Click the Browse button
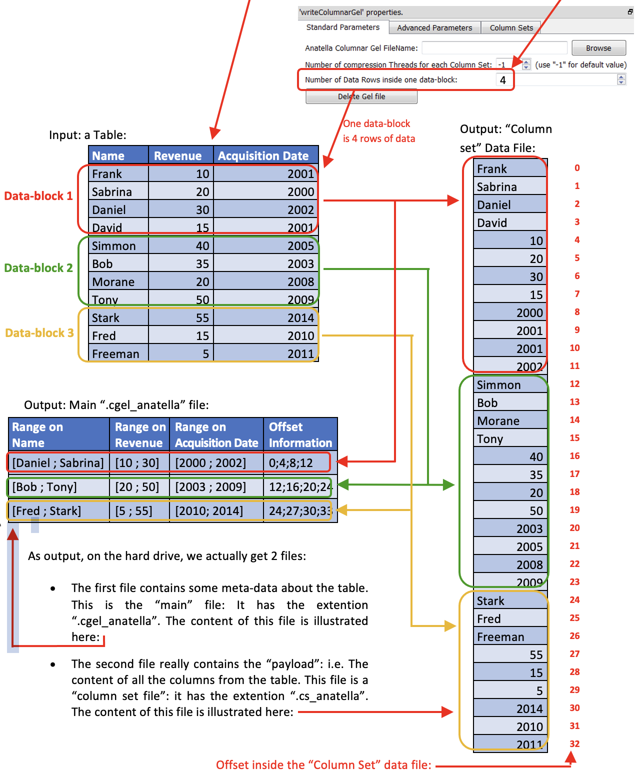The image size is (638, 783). click(x=598, y=48)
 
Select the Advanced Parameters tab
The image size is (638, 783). click(x=434, y=28)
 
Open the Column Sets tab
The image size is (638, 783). click(x=511, y=28)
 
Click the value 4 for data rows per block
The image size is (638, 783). click(x=503, y=80)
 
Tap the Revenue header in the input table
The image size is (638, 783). click(x=177, y=156)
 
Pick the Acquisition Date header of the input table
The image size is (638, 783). click(x=263, y=156)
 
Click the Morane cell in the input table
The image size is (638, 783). click(x=113, y=282)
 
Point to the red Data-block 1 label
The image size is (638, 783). click(x=38, y=196)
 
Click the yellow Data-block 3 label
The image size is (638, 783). click(x=39, y=333)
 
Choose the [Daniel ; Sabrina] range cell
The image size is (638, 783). click(x=58, y=463)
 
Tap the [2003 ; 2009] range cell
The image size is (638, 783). click(x=210, y=487)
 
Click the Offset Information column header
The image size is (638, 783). click(x=300, y=434)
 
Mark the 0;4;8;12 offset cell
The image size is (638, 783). click(x=291, y=463)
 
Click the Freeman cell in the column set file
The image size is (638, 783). click(x=500, y=637)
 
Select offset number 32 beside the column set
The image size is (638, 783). click(x=574, y=744)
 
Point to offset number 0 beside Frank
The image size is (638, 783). click(x=577, y=168)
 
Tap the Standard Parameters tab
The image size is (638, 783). click(x=342, y=27)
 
